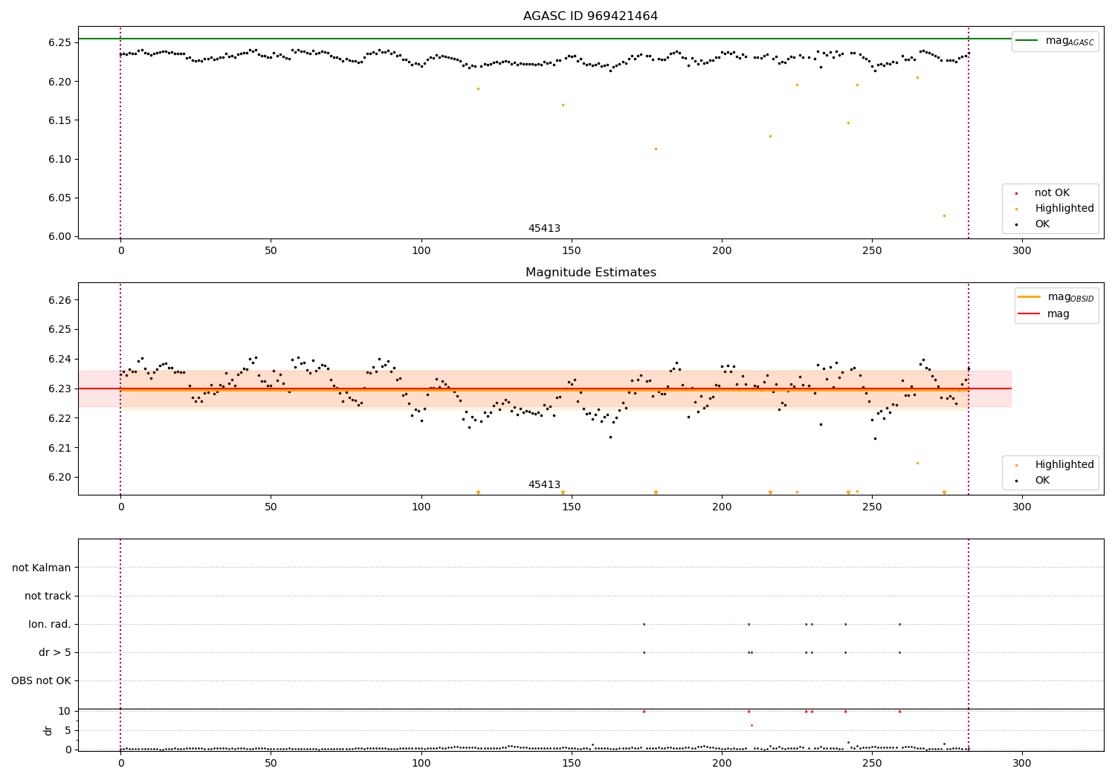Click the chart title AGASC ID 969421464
(590, 16)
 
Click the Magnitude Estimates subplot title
(590, 273)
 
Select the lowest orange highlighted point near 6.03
(944, 215)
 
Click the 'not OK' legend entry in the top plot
(1052, 193)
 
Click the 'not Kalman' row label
(42, 568)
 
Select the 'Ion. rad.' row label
(50, 624)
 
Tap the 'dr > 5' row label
(55, 652)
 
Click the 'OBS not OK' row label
(41, 680)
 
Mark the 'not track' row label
(48, 596)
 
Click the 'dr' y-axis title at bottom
(48, 730)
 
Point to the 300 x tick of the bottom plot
(1022, 763)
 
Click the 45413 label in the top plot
(544, 228)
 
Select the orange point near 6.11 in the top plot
(656, 149)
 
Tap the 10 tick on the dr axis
(65, 711)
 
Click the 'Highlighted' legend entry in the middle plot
(1064, 464)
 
